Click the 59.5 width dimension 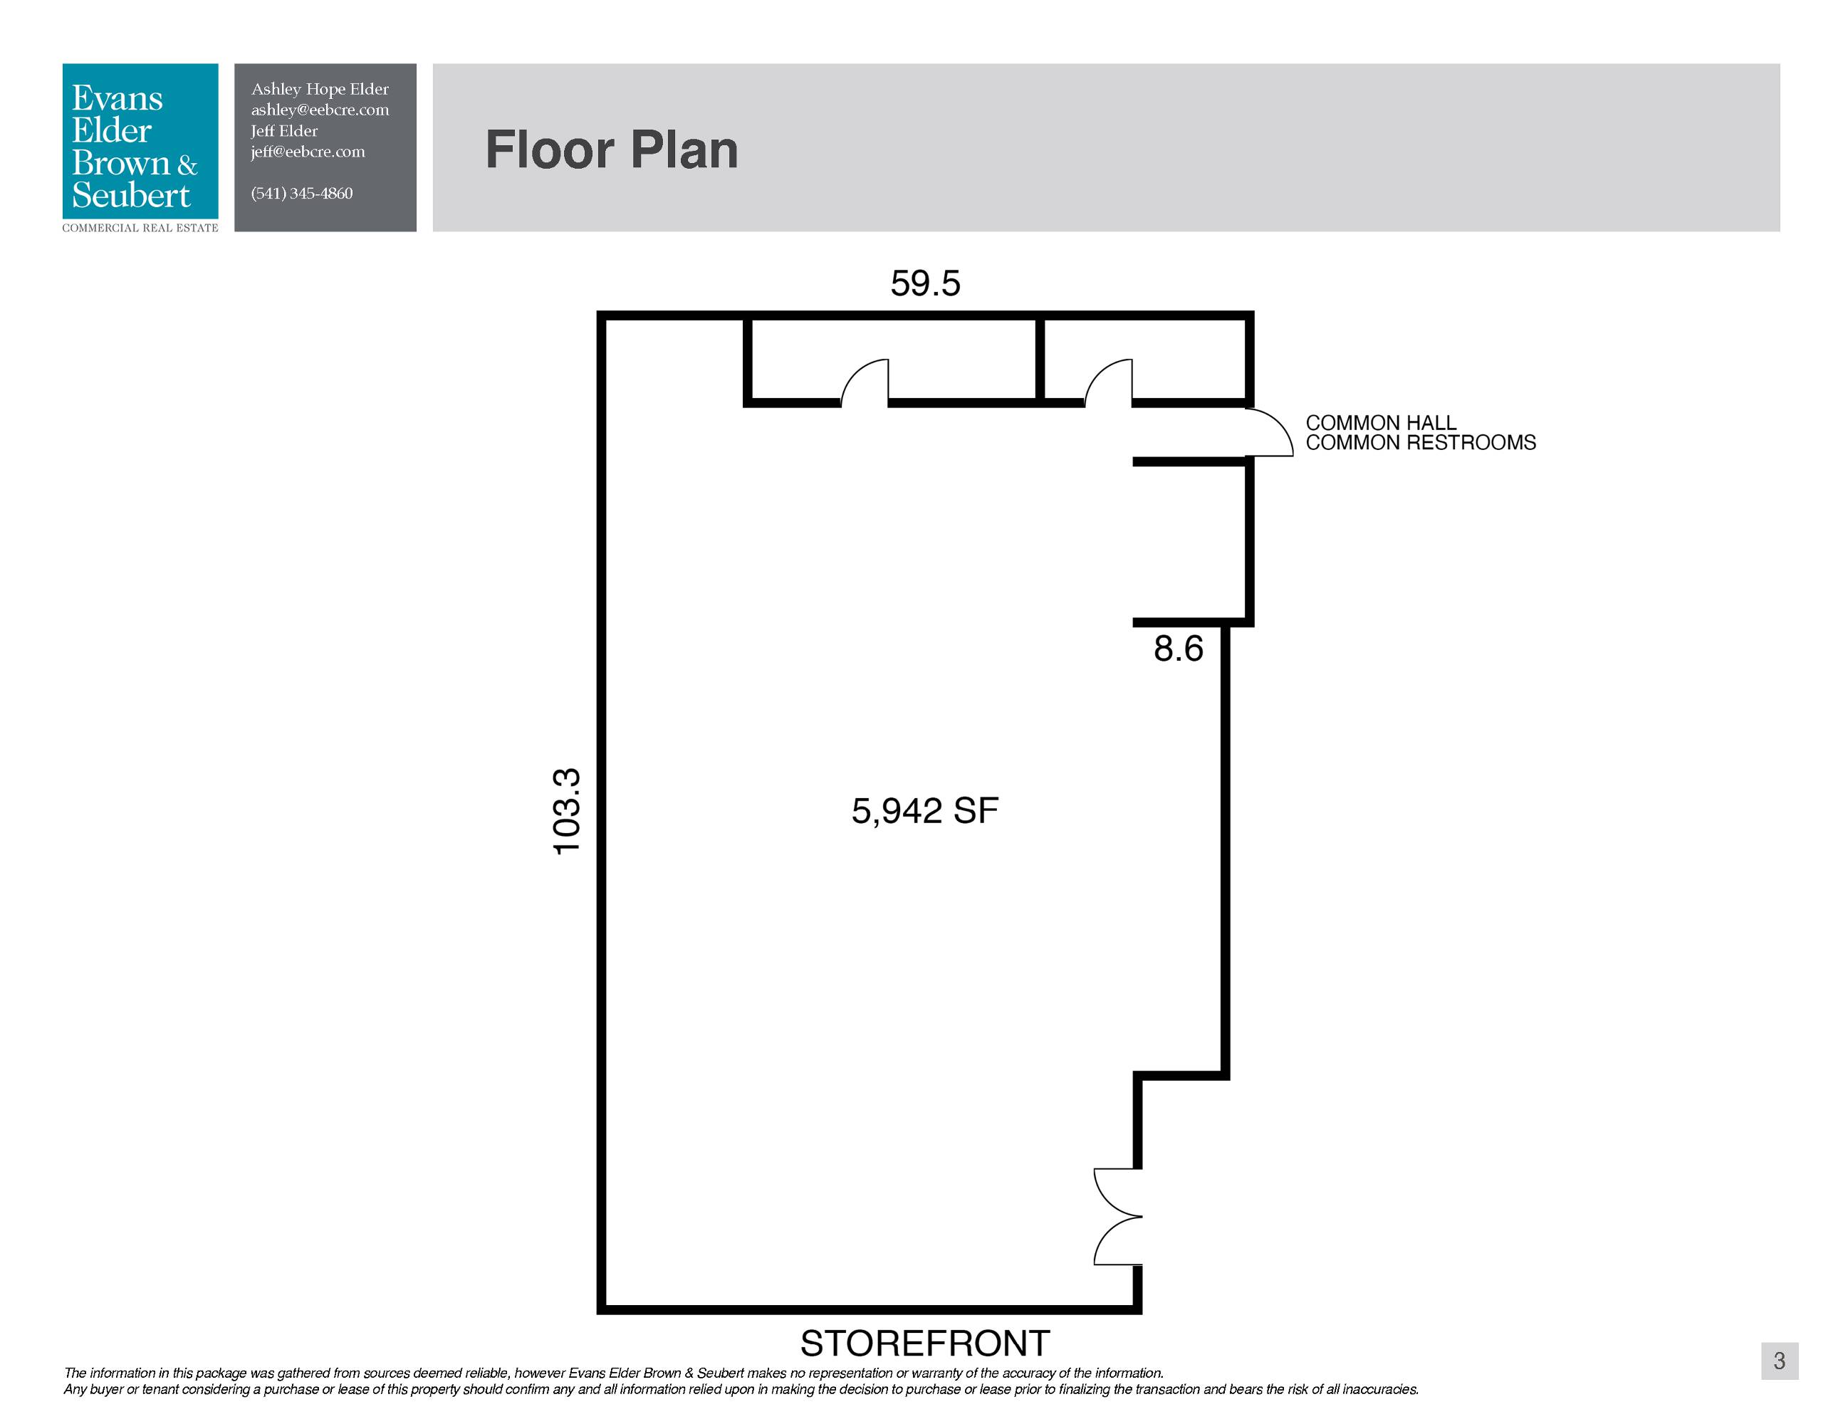[925, 283]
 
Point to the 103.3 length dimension [567, 812]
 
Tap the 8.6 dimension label [1178, 649]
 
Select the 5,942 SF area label [925, 811]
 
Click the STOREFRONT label [925, 1343]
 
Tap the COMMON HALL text [1381, 423]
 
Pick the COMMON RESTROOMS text [1421, 443]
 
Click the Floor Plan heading [612, 150]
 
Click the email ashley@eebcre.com [320, 110]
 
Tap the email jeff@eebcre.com [308, 152]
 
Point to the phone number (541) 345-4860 [301, 193]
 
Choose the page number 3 [1780, 1361]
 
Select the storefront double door [1117, 1217]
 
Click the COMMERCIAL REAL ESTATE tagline [140, 228]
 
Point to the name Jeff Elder [284, 131]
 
